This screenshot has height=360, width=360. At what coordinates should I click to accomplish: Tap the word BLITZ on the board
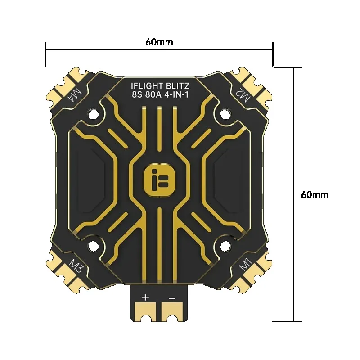pyautogui.click(x=178, y=86)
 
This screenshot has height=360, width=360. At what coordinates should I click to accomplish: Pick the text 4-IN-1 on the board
pyautogui.click(x=176, y=94)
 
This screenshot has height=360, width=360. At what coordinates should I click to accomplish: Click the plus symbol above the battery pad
pyautogui.click(x=145, y=297)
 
